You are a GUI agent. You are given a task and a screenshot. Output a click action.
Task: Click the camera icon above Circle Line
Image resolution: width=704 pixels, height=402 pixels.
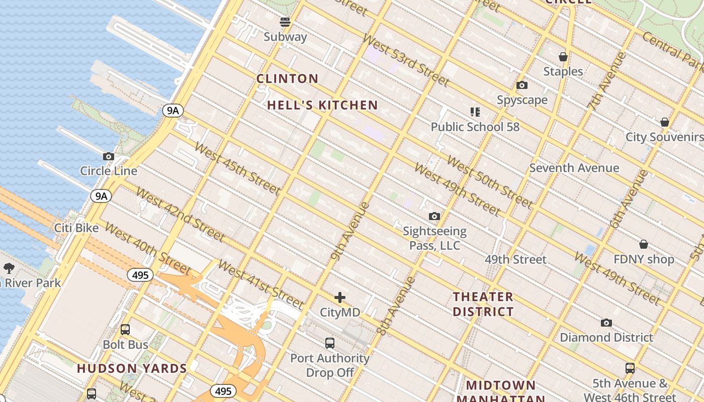(108, 157)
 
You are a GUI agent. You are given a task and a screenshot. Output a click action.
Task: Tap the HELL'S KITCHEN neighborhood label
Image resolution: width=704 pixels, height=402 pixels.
(322, 106)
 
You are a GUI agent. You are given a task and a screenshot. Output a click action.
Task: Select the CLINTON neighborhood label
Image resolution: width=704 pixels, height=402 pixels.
(287, 79)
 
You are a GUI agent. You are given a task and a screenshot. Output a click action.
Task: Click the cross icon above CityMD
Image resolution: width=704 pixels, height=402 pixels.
(340, 297)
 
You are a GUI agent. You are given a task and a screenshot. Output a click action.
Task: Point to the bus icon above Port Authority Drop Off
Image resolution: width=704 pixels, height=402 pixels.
(330, 343)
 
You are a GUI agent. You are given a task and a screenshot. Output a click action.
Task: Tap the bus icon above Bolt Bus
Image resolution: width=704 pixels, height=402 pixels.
(125, 330)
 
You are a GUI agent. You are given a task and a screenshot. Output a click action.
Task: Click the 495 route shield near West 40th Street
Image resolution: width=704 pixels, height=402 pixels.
(140, 275)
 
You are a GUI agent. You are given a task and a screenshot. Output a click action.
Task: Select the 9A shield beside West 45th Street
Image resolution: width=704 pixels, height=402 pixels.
(172, 111)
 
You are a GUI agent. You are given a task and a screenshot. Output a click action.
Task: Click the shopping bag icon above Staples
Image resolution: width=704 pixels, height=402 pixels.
(563, 57)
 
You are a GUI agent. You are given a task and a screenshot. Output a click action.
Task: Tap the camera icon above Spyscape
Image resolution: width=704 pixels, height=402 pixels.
(522, 85)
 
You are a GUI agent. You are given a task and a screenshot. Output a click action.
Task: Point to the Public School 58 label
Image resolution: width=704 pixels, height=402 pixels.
(475, 127)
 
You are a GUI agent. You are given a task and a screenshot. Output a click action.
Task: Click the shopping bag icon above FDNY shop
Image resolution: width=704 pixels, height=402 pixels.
(644, 244)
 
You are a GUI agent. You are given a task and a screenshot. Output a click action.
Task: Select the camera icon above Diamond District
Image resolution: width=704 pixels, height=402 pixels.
(606, 323)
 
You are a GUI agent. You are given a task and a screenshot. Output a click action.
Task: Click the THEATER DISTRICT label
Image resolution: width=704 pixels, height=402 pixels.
(483, 304)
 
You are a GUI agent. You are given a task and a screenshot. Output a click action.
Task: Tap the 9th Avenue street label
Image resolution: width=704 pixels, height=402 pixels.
(350, 231)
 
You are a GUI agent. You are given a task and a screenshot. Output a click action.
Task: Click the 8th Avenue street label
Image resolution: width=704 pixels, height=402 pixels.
(396, 306)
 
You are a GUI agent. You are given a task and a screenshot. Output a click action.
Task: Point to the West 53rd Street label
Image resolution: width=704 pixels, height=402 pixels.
(405, 60)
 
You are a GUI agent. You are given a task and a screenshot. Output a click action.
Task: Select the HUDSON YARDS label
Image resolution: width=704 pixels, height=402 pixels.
(132, 368)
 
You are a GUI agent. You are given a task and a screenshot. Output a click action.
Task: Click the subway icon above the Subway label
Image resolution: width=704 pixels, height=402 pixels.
(285, 22)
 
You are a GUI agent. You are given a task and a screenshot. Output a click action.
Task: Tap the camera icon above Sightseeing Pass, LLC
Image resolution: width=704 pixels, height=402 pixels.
(434, 216)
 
